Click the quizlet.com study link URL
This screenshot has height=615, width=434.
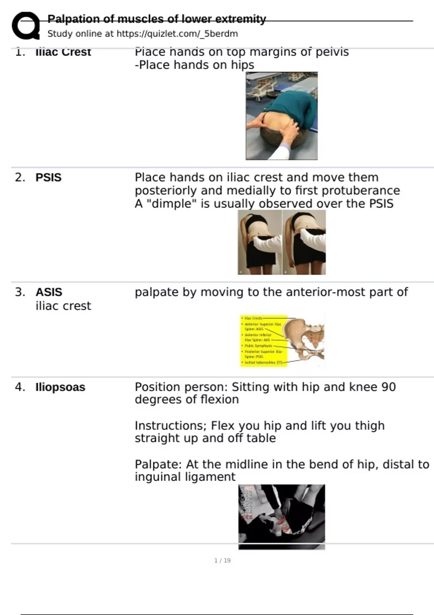point(177,34)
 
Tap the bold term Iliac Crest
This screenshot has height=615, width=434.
point(63,52)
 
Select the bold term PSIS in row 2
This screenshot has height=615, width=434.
point(48,178)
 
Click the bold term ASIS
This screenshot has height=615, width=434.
point(49,292)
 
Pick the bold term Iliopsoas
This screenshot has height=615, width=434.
point(60,387)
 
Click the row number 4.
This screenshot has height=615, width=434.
point(20,387)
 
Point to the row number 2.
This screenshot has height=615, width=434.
point(20,178)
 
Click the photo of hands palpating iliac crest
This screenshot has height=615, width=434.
point(281,116)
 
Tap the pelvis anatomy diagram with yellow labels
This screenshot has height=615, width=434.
point(282,340)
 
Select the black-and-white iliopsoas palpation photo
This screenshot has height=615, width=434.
point(281,517)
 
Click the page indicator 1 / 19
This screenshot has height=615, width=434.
point(222,560)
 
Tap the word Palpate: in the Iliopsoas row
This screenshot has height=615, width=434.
point(158,465)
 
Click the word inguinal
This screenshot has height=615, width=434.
point(158,477)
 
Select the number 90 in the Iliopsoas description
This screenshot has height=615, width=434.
point(388,387)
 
